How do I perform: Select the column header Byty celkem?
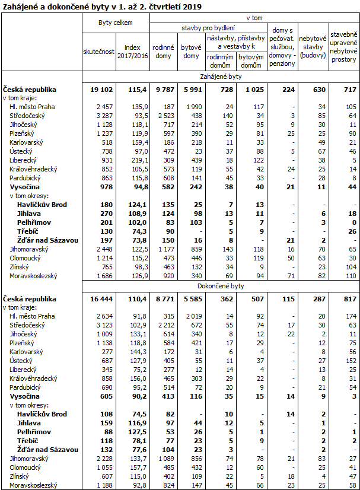pyautogui.click(x=115, y=23)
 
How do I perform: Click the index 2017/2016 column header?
pyautogui.click(x=132, y=52)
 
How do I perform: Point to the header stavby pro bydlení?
pyautogui.click(x=208, y=28)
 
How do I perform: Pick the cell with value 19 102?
pyautogui.click(x=103, y=89)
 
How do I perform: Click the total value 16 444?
pyautogui.click(x=103, y=299)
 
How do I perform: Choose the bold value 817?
pyautogui.click(x=348, y=299)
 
